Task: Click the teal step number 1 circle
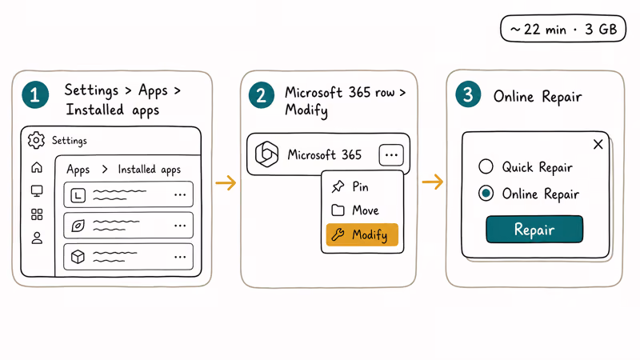[35, 95]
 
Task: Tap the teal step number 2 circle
[262, 95]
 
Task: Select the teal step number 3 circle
[468, 94]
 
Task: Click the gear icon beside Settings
[36, 141]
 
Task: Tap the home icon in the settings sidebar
[37, 167]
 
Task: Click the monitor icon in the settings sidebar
[37, 191]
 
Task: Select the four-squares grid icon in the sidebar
[37, 214]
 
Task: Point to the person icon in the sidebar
[37, 238]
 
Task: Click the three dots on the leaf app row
[180, 226]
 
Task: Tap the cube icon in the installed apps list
[78, 257]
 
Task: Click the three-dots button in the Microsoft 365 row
[391, 155]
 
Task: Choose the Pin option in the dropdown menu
[350, 187]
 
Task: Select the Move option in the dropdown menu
[355, 210]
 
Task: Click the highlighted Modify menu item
[362, 234]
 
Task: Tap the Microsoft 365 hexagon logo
[266, 154]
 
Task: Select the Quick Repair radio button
[486, 166]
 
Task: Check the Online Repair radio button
[486, 194]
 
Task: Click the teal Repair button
[534, 230]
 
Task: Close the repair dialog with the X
[598, 144]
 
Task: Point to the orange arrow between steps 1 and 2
[226, 182]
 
